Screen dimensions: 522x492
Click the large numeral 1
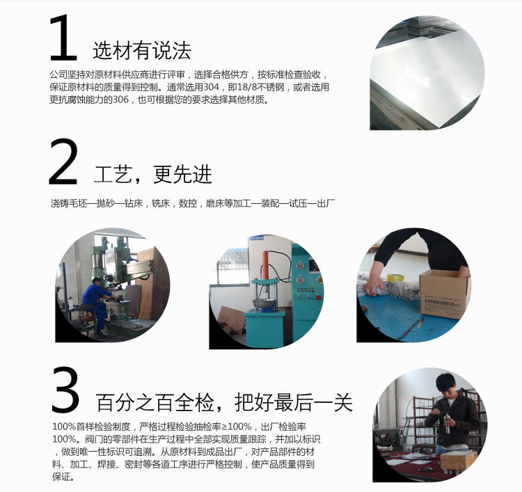tap(63, 38)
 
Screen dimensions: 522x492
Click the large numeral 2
tap(63, 161)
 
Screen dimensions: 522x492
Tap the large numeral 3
tap(65, 390)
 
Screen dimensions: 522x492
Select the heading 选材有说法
tap(142, 51)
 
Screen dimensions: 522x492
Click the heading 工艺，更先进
tap(153, 174)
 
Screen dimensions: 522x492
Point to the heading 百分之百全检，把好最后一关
tap(224, 402)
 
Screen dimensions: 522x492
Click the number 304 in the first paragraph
tap(211, 87)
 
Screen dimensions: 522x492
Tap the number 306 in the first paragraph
tap(120, 100)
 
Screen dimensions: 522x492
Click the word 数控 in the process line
tap(188, 203)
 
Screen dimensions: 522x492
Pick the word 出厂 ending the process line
tap(326, 203)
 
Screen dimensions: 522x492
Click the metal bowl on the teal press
tap(264, 303)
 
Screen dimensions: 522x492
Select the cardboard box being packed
tap(443, 294)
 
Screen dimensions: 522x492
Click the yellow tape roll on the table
tap(393, 278)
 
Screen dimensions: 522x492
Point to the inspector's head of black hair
tap(446, 382)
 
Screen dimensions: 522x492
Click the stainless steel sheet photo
tap(427, 72)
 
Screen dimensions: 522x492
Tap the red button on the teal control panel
tap(318, 297)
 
